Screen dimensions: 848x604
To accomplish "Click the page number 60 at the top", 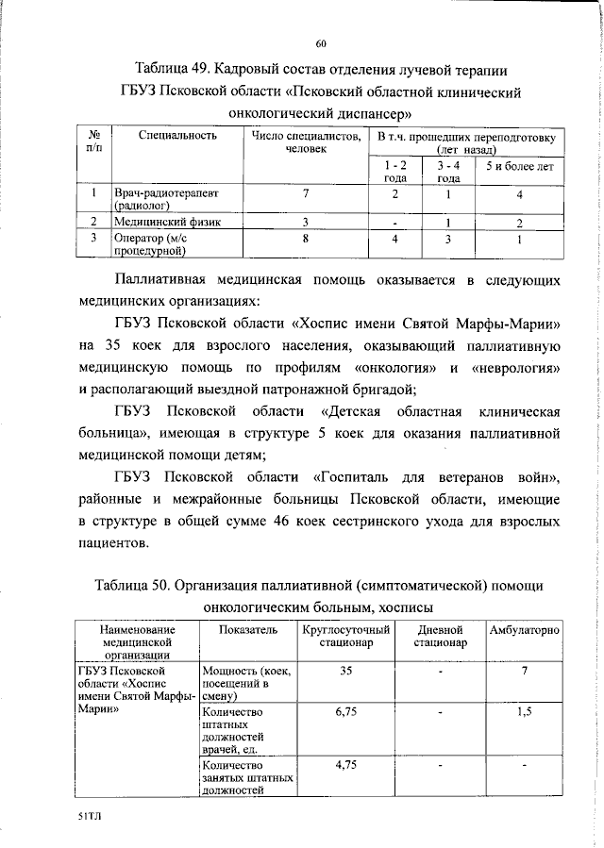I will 321,43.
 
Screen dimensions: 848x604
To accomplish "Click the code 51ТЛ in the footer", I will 90,823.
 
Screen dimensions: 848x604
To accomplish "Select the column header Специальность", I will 177,136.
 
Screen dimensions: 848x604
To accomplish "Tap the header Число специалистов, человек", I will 306,142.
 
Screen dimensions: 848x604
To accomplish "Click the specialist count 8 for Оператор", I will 306,239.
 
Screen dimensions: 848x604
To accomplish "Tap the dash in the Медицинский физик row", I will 394,223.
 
